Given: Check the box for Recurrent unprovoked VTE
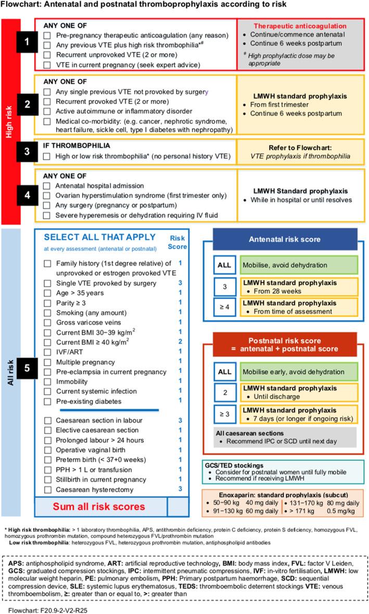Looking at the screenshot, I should pyautogui.click(x=47, y=55).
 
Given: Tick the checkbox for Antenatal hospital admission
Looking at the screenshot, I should pyautogui.click(x=47, y=186).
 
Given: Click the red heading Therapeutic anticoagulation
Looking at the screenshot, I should pyautogui.click(x=299, y=26).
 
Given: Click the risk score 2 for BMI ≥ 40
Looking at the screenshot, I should pyautogui.click(x=180, y=342).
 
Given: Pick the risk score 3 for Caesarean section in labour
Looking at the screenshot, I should pyautogui.click(x=180, y=420).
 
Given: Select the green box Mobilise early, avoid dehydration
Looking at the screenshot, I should pyautogui.click(x=299, y=372).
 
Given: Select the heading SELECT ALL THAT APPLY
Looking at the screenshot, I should pyautogui.click(x=99, y=237).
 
